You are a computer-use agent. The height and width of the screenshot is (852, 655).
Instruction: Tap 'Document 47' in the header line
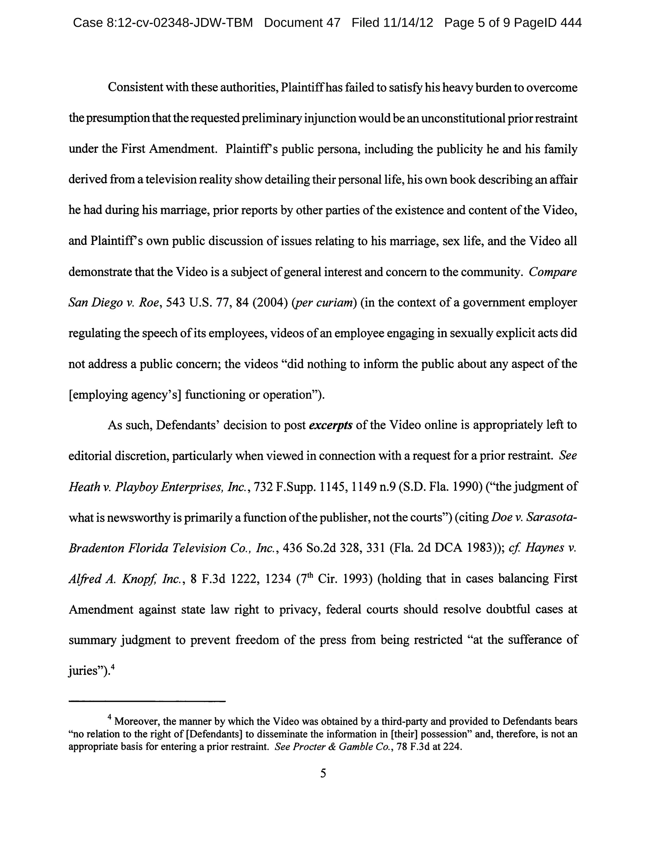point(302,23)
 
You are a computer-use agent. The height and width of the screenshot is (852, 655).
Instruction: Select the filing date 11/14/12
point(408,23)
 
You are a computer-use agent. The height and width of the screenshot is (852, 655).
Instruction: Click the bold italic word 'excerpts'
point(331,425)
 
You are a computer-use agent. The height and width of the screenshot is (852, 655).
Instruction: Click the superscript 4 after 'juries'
point(112,667)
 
